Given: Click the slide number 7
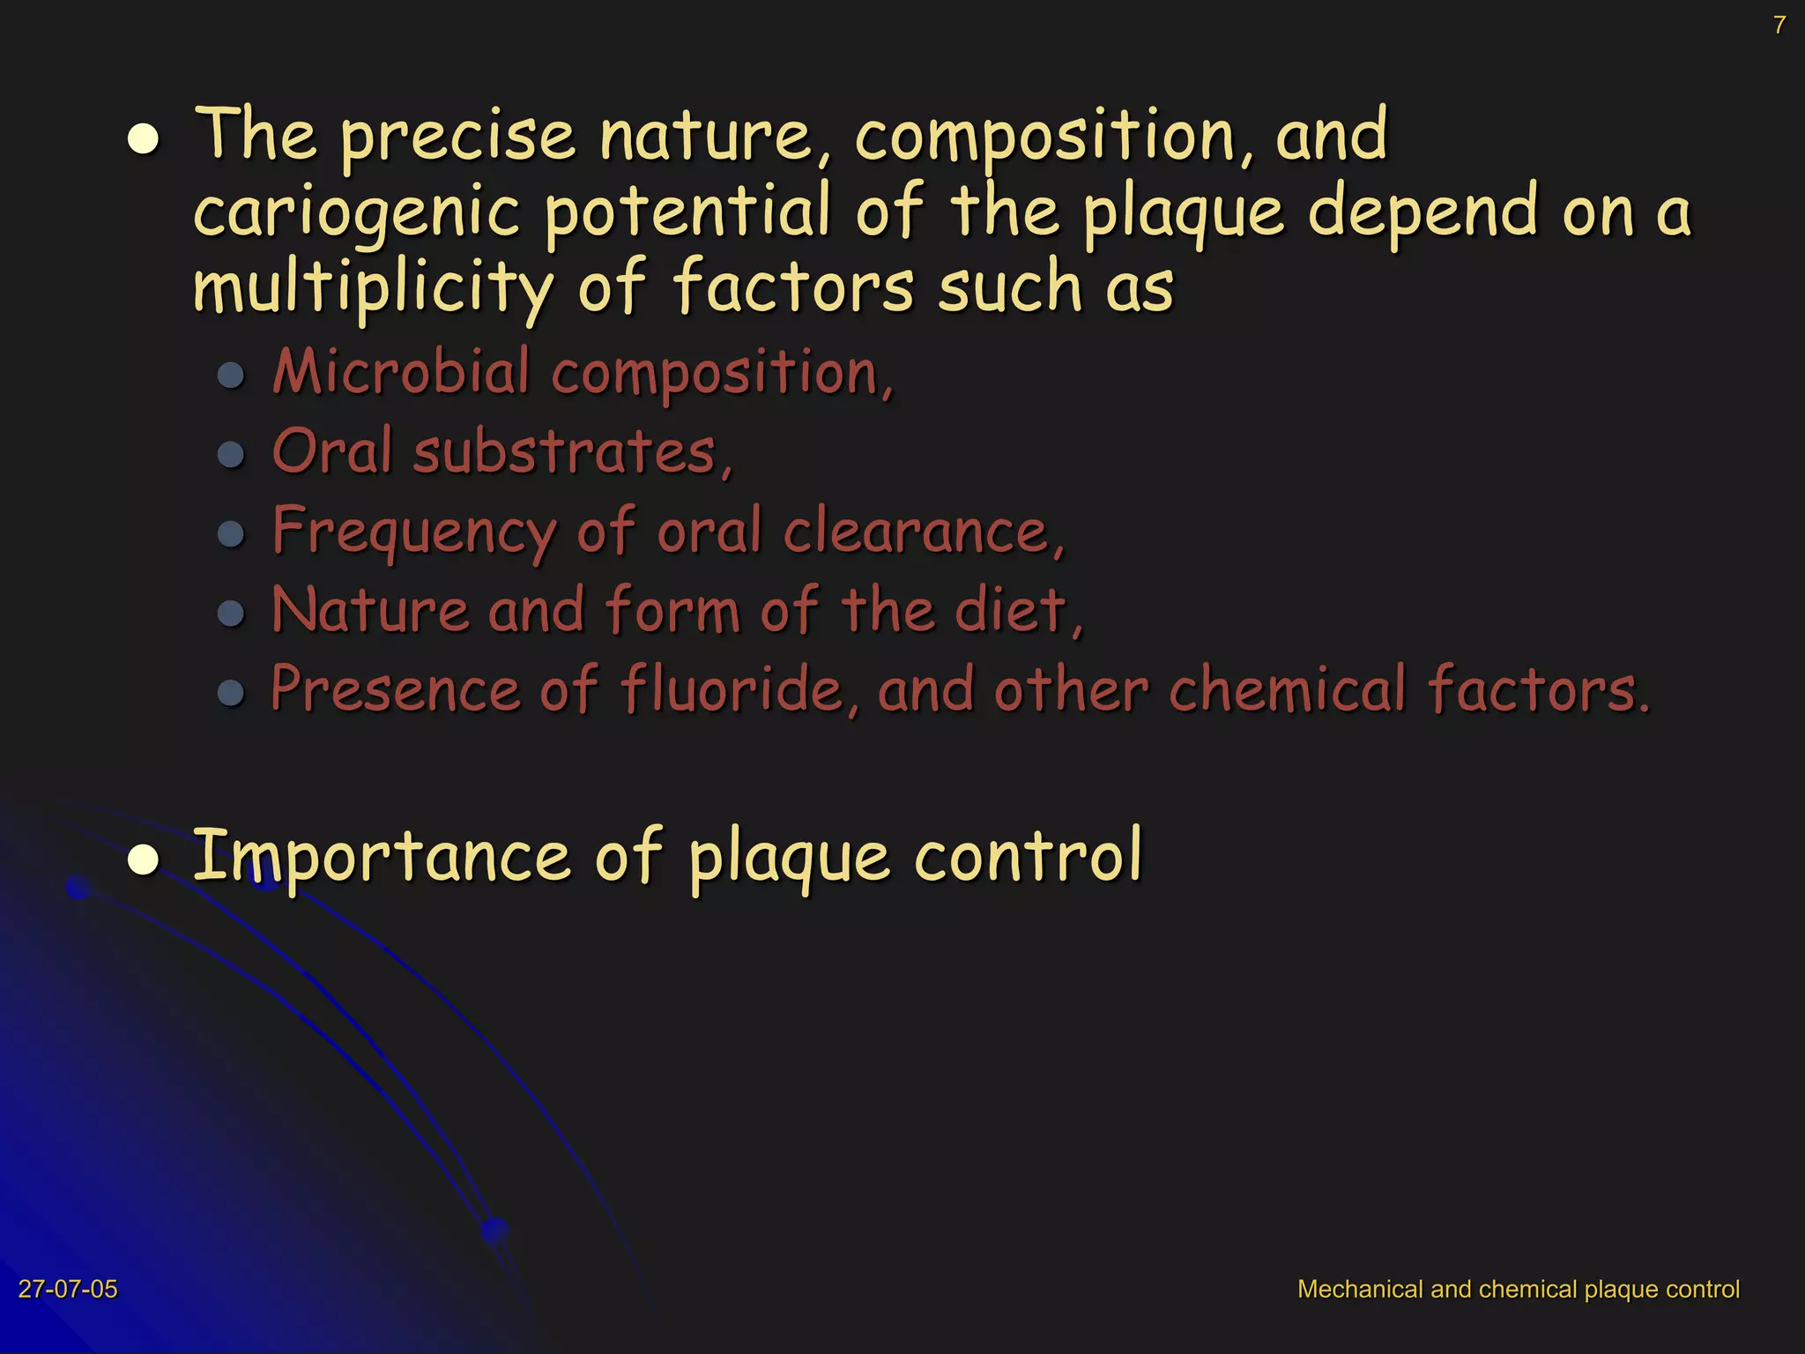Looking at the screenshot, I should pyautogui.click(x=1779, y=25).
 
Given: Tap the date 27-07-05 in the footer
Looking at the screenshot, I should pyautogui.click(x=68, y=1289).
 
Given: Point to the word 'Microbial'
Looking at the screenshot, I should pyautogui.click(x=401, y=372).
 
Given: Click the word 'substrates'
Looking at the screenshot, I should pyautogui.click(x=564, y=451).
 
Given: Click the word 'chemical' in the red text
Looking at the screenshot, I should pyautogui.click(x=1287, y=688).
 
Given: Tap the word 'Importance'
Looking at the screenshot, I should pyautogui.click(x=382, y=856).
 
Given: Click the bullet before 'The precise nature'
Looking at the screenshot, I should pyautogui.click(x=144, y=139).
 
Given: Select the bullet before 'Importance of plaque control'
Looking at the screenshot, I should pyautogui.click(x=144, y=860).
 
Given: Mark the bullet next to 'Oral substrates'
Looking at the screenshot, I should pyautogui.click(x=231, y=455).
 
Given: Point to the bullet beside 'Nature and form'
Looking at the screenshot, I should pyautogui.click(x=231, y=613).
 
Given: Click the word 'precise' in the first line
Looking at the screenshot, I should pyautogui.click(x=458, y=138).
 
